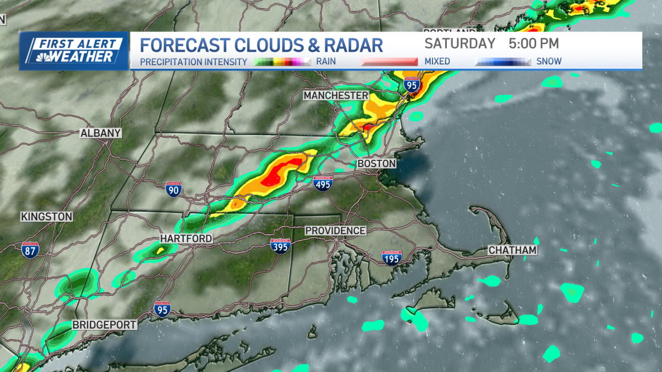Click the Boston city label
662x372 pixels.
tap(377, 164)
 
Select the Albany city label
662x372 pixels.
tap(100, 133)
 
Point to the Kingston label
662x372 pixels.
tap(47, 217)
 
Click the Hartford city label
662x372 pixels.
tap(186, 238)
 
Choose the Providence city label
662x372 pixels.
tap(335, 230)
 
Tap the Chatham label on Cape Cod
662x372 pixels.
tap(512, 251)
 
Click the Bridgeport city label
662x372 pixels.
tap(104, 325)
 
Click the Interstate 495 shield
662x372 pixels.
tap(323, 184)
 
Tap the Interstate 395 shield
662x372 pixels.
tap(280, 246)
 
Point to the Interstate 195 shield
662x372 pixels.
tap(392, 257)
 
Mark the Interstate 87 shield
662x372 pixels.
tap(30, 249)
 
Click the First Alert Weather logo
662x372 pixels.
tap(74, 51)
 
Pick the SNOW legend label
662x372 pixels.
tap(549, 61)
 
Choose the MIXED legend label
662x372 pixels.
tap(437, 61)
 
